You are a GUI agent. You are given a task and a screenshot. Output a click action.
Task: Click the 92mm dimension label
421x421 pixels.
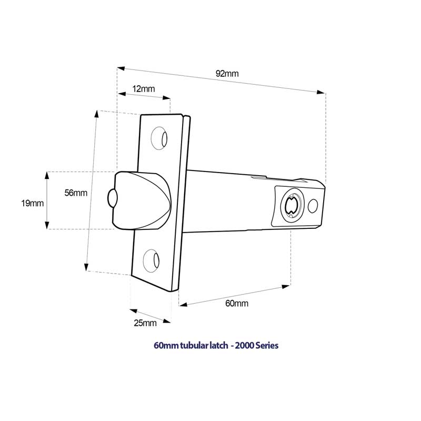pyautogui.click(x=227, y=74)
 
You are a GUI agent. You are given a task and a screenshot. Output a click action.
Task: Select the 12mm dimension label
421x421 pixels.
pyautogui.click(x=144, y=89)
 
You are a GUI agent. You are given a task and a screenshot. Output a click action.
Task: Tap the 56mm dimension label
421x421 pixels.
pyautogui.click(x=76, y=193)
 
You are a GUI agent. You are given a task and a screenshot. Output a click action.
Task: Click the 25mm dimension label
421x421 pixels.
pyautogui.click(x=145, y=323)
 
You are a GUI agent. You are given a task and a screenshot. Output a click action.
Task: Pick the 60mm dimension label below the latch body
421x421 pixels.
pyautogui.click(x=237, y=304)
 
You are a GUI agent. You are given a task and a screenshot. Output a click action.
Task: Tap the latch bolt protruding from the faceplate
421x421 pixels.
pyautogui.click(x=142, y=200)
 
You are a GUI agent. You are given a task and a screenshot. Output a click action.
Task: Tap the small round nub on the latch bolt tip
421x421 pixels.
pyautogui.click(x=112, y=198)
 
